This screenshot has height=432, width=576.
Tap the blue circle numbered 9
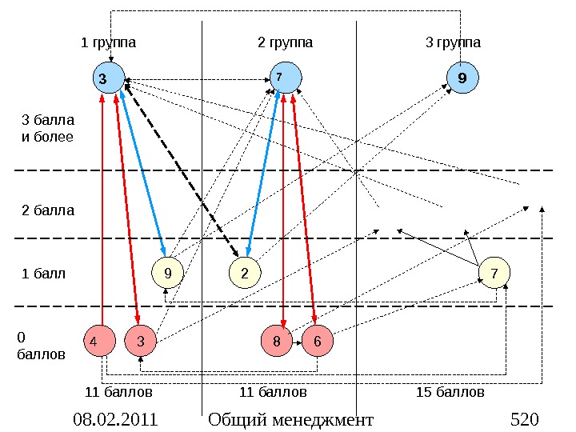pyautogui.click(x=462, y=78)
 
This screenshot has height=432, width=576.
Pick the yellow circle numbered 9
pyautogui.click(x=167, y=274)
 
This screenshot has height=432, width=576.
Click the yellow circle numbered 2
pyautogui.click(x=245, y=274)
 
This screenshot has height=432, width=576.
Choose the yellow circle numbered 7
pyautogui.click(x=494, y=274)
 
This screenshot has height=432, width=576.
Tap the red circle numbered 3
pyautogui.click(x=140, y=342)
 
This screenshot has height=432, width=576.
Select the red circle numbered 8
pyautogui.click(x=277, y=342)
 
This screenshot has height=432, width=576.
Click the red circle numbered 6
pyautogui.click(x=317, y=342)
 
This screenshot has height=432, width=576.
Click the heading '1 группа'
pyautogui.click(x=109, y=42)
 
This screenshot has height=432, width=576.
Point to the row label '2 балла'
pyautogui.click(x=47, y=211)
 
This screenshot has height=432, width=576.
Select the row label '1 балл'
pyautogui.click(x=43, y=274)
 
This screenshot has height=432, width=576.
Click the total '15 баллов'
pyautogui.click(x=450, y=393)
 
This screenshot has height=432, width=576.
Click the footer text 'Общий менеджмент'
pyautogui.click(x=290, y=420)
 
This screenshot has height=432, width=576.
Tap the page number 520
pyautogui.click(x=525, y=420)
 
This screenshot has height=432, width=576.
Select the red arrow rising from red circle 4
pyautogui.click(x=103, y=208)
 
